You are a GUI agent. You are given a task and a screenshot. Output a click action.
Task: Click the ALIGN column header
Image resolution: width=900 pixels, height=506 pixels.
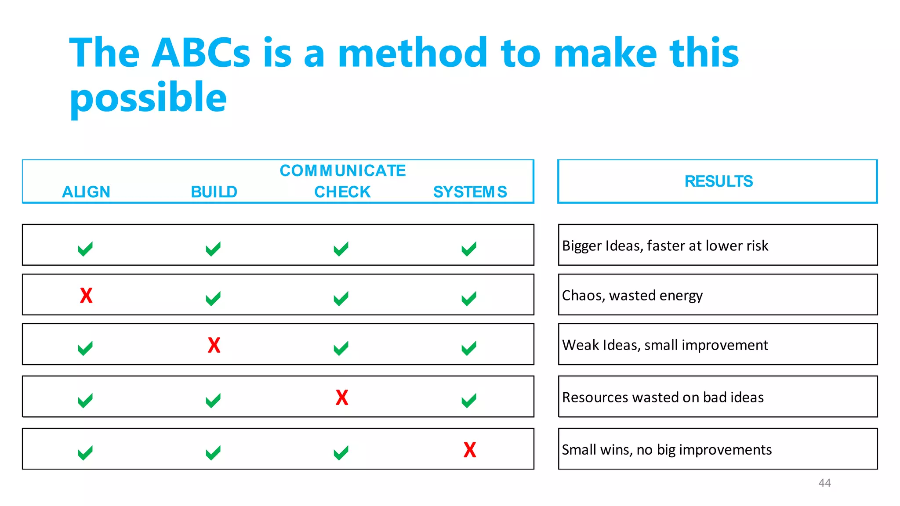pos(86,192)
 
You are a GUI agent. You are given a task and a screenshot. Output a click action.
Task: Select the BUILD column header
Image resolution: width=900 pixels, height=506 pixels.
pos(214,192)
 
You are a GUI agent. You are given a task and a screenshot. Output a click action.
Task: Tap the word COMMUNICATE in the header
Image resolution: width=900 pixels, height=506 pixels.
pos(343,170)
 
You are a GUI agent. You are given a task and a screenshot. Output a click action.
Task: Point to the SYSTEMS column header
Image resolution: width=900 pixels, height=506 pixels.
pos(470,192)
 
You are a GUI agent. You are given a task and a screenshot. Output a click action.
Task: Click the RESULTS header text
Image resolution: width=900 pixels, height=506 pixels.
pos(719,181)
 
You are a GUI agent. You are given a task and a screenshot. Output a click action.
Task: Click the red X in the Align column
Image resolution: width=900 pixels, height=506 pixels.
pos(86,296)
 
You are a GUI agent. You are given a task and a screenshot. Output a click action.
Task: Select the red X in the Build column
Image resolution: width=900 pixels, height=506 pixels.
pos(214,345)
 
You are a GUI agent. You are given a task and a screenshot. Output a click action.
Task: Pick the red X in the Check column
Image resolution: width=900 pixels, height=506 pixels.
pos(342,398)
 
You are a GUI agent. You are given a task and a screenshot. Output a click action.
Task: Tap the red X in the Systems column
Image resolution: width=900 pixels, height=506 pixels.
pos(470,450)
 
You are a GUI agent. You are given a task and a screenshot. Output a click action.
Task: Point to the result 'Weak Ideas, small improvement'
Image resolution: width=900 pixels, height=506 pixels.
pos(665,345)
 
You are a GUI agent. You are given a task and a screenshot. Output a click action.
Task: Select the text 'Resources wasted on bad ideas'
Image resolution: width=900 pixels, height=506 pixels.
pos(663,398)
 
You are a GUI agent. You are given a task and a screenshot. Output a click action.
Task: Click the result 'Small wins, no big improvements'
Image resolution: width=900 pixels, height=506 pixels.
pos(667,450)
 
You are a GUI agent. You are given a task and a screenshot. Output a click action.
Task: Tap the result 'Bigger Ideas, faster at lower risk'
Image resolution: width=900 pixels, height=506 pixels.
pos(665,246)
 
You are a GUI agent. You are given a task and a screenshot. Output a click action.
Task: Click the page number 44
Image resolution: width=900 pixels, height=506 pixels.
pos(824,483)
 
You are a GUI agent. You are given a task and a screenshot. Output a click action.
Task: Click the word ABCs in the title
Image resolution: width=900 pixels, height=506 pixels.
pos(200,53)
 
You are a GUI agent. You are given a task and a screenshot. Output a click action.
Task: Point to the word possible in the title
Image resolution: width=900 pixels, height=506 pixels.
pos(148,98)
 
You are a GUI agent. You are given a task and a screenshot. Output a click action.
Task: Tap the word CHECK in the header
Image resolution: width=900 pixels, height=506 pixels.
pos(342,192)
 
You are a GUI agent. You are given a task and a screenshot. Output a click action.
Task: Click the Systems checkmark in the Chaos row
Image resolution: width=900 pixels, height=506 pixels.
pos(469,299)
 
